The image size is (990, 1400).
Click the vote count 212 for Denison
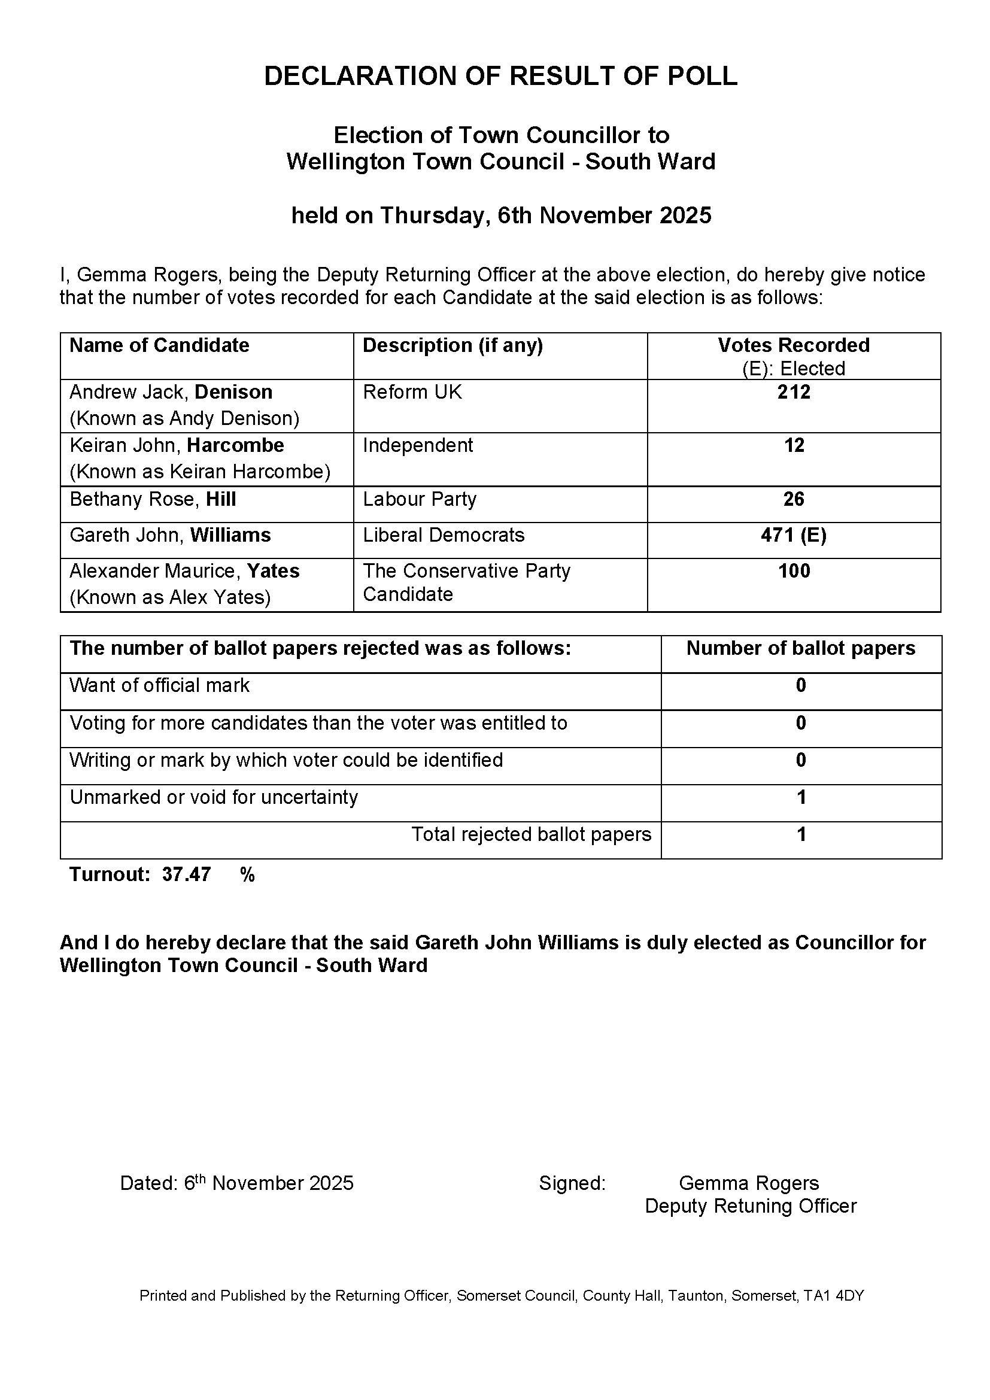click(793, 392)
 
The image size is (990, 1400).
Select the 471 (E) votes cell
click(793, 535)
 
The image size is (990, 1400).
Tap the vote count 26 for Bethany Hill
click(793, 499)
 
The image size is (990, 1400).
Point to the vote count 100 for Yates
click(794, 572)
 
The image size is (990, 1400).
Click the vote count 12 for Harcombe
click(794, 446)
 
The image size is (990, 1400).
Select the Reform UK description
click(412, 392)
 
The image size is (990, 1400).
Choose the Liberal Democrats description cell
click(443, 535)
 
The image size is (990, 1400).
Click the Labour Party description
click(420, 499)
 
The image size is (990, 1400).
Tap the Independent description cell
click(418, 446)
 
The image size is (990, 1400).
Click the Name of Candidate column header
click(159, 345)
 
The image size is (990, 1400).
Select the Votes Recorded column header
click(793, 345)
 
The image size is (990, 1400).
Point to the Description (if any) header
click(453, 345)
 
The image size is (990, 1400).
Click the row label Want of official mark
click(159, 685)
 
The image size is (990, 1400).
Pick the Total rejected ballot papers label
click(531, 834)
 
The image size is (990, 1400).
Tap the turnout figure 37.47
click(186, 874)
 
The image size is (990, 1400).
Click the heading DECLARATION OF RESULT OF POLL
click(500, 76)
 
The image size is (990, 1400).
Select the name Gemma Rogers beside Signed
click(749, 1183)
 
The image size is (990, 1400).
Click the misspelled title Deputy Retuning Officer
click(751, 1206)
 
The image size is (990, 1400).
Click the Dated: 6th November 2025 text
click(236, 1183)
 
